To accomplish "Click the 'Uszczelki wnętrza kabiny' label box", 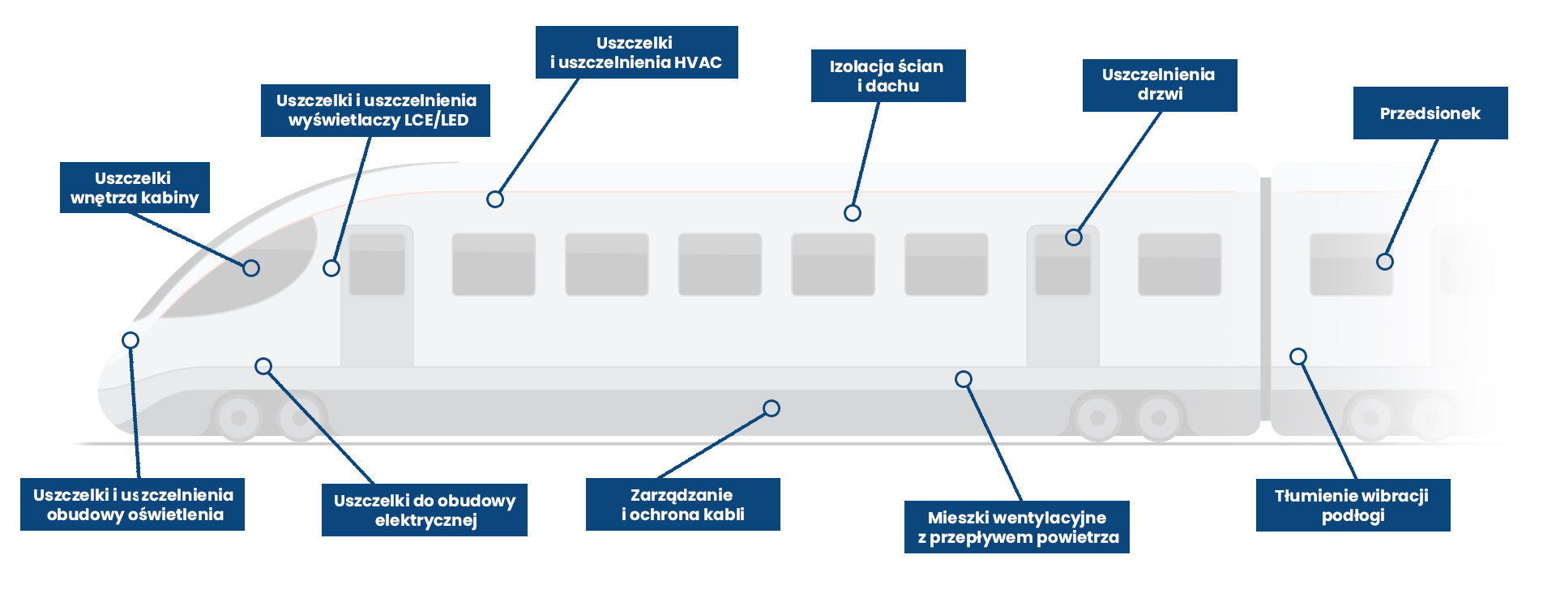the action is click(135, 187).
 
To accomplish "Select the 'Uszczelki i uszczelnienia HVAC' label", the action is click(636, 52).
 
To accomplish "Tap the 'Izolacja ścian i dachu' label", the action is click(888, 75).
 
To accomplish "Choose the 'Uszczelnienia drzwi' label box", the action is click(1160, 85).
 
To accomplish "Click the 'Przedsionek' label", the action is click(1430, 113).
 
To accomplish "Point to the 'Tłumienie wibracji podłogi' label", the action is click(1353, 505).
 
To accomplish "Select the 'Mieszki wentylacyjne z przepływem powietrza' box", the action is click(1017, 527).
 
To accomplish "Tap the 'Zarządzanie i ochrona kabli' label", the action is click(683, 504).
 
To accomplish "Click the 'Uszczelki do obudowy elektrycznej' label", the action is click(425, 510).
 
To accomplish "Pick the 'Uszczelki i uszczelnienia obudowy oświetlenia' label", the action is click(132, 504).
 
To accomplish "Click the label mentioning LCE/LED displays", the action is click(375, 110).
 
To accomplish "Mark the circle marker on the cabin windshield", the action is click(251, 268).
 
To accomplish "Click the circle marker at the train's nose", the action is click(130, 340).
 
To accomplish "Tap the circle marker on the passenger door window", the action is click(1074, 237).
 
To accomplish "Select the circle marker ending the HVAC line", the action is click(495, 199).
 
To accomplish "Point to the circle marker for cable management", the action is click(772, 408).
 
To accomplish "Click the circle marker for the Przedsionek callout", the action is click(1385, 262).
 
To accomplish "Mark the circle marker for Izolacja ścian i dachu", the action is click(853, 213).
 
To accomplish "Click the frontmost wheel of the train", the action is click(239, 418).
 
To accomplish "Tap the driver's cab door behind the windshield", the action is click(377, 296).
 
